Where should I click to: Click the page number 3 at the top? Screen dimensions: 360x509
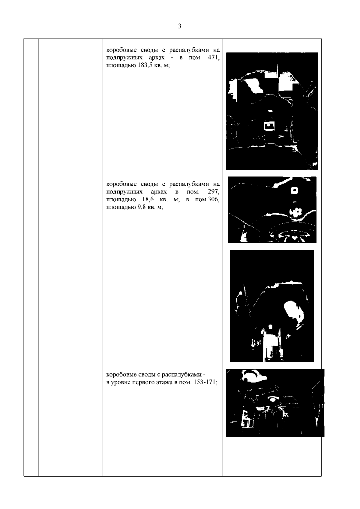[x=180, y=26]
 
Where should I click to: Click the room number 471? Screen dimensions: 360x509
[x=214, y=58]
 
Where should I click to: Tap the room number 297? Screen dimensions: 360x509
[x=214, y=192]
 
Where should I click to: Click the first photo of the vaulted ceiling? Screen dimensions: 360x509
[x=272, y=111]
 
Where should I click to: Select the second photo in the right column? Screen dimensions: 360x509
[x=272, y=210]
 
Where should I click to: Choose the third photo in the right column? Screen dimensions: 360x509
[x=272, y=306]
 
